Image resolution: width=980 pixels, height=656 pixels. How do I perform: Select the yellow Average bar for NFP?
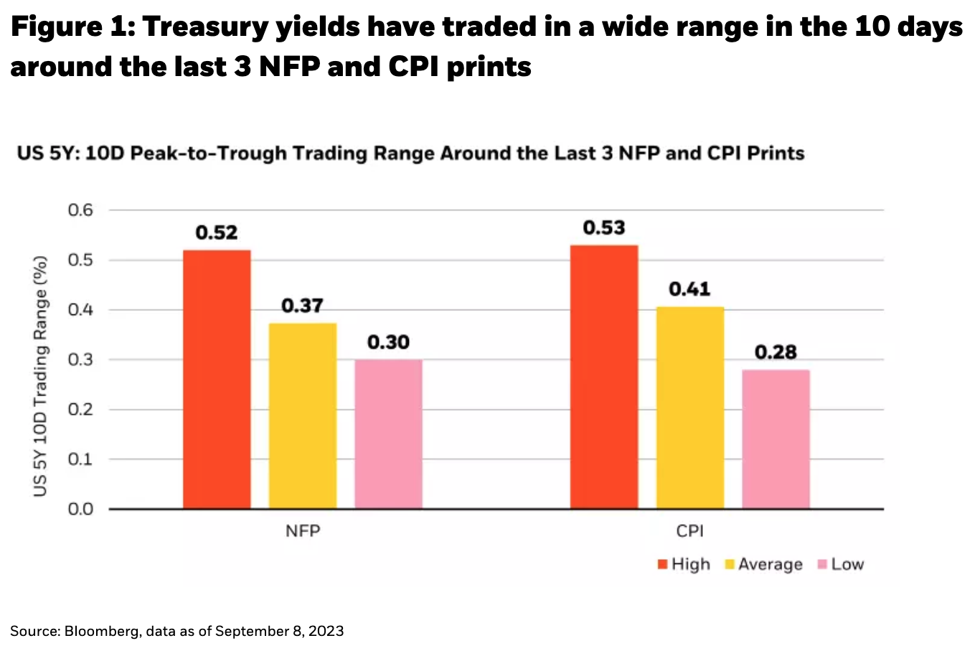(x=303, y=416)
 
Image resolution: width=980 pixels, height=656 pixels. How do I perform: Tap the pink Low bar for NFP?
(x=388, y=434)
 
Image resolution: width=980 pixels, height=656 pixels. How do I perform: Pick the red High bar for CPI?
(x=604, y=377)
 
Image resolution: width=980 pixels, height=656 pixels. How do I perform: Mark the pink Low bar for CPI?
(x=776, y=439)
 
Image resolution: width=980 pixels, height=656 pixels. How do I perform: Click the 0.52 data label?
(x=217, y=233)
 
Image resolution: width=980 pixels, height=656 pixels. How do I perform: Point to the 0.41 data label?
(x=689, y=289)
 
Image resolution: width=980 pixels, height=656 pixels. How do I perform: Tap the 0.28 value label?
(x=776, y=352)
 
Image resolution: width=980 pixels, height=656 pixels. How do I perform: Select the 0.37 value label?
(x=303, y=306)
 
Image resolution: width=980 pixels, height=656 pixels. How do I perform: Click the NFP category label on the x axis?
(x=303, y=531)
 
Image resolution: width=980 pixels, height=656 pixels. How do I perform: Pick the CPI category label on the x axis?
(x=689, y=531)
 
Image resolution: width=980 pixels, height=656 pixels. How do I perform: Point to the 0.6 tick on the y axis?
(x=80, y=210)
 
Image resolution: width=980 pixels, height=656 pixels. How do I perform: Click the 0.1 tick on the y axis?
(x=80, y=459)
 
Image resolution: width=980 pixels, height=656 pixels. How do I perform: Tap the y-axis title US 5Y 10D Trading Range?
(x=40, y=375)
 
